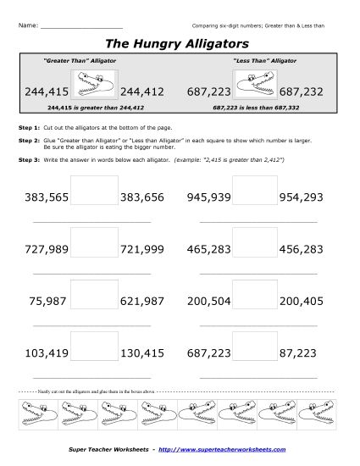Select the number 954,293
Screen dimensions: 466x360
[x=299, y=196]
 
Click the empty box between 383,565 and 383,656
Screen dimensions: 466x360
[x=95, y=189]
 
